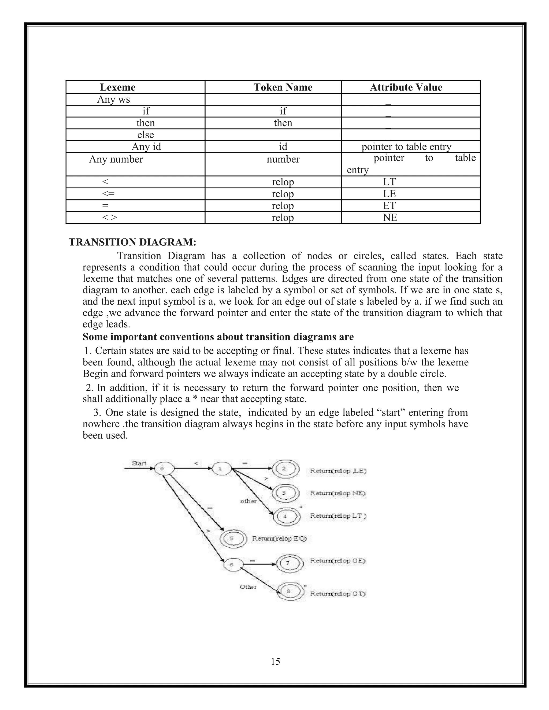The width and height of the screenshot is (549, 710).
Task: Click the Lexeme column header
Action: pyautogui.click(x=117, y=87)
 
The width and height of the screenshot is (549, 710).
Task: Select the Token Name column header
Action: pyautogui.click(x=283, y=87)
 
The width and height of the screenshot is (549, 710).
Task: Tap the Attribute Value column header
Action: pyautogui.click(x=406, y=87)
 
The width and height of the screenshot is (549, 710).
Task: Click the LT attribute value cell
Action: pyautogui.click(x=389, y=182)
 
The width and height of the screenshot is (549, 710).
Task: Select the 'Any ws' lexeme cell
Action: pyautogui.click(x=113, y=99)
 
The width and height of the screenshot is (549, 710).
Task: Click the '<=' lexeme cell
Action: pyautogui.click(x=108, y=194)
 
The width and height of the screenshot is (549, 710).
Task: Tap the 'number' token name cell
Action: pyautogui.click(x=283, y=159)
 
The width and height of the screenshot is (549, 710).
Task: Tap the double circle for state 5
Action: pyautogui.click(x=232, y=538)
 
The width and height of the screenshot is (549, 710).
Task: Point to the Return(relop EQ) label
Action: pyautogui.click(x=279, y=538)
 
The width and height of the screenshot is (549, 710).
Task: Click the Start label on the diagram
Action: pyautogui.click(x=139, y=463)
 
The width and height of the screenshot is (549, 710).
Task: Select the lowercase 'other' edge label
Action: pyautogui.click(x=248, y=501)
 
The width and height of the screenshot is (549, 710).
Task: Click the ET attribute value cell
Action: pyautogui.click(x=389, y=205)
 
